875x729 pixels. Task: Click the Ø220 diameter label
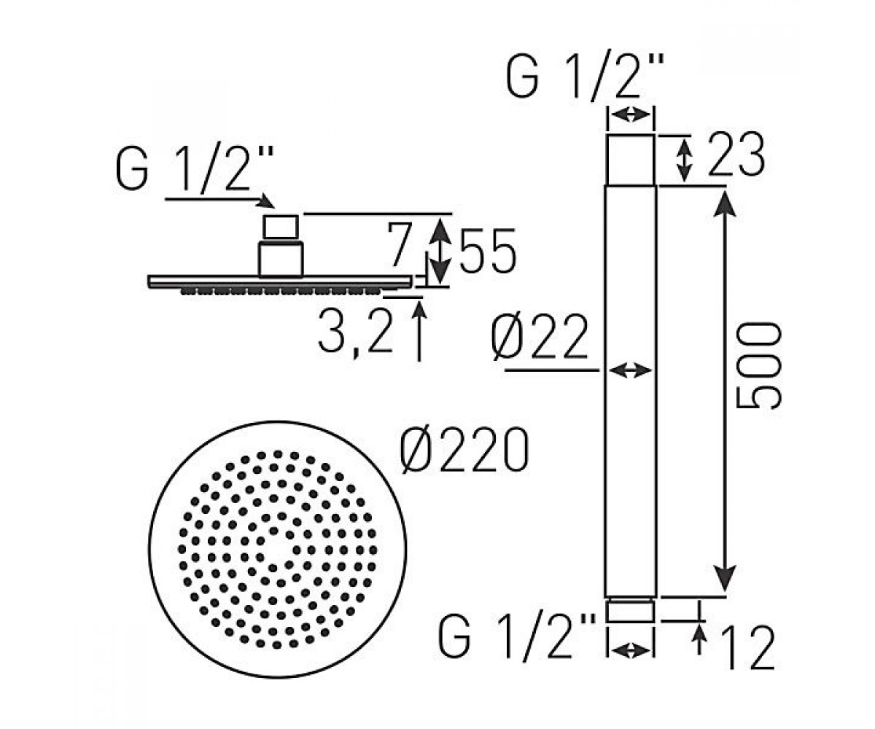pos(464,451)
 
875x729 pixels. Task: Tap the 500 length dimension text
pos(759,365)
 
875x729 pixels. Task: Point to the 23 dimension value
pos(736,154)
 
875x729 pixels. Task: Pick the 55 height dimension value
pos(487,250)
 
